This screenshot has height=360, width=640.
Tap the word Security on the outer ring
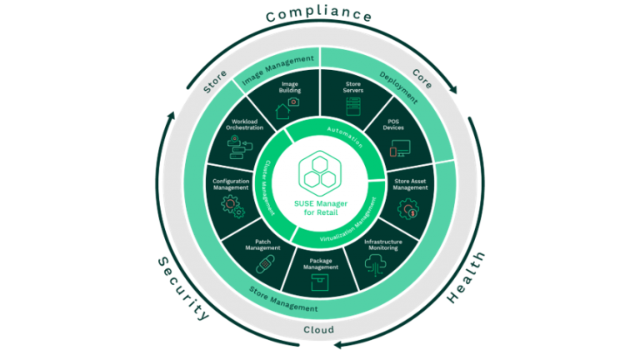tap(182, 288)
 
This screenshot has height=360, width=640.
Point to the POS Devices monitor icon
tap(399, 150)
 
